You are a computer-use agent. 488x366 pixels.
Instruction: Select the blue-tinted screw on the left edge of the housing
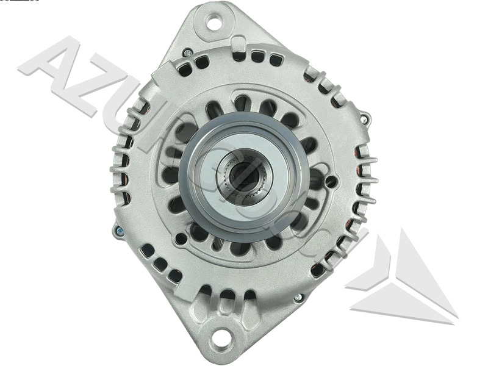pos(118,230)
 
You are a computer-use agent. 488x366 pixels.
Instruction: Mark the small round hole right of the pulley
pos(331,181)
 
